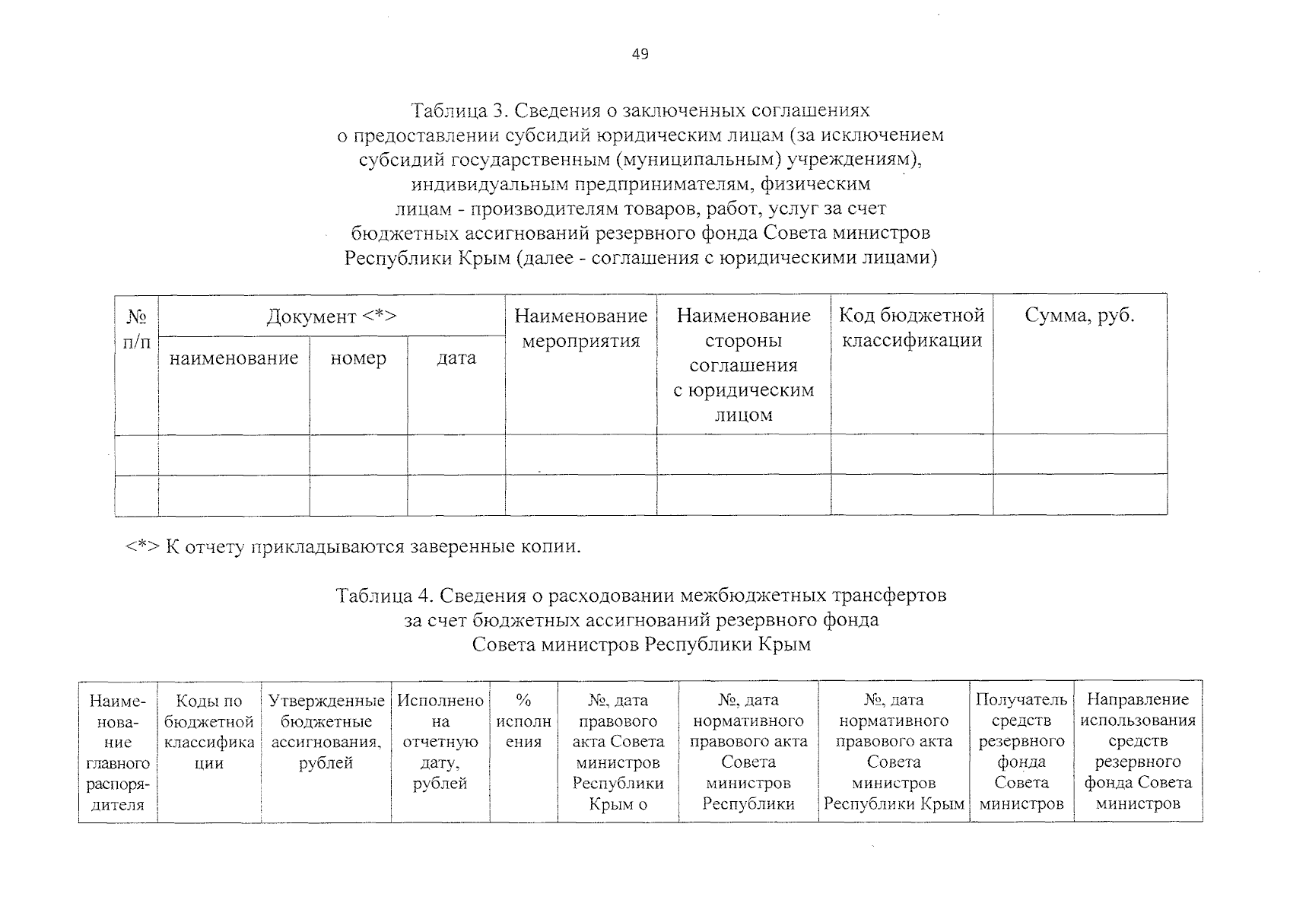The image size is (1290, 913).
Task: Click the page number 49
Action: pyautogui.click(x=640, y=54)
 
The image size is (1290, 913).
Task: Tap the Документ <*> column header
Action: pyautogui.click(x=332, y=317)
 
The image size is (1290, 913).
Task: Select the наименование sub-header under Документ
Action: pyautogui.click(x=234, y=358)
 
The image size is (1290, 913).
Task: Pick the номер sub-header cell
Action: pyautogui.click(x=358, y=358)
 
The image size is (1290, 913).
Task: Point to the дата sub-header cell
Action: pyautogui.click(x=456, y=358)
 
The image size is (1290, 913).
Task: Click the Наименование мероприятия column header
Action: pyautogui.click(x=581, y=328)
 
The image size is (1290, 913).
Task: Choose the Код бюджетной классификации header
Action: pyautogui.click(x=911, y=328)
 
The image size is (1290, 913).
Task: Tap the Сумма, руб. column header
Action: pyautogui.click(x=1079, y=316)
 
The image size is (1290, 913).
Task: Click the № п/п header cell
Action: pyautogui.click(x=137, y=329)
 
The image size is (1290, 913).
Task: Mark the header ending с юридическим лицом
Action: pyautogui.click(x=743, y=365)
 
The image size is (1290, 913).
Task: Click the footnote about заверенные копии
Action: pyautogui.click(x=353, y=546)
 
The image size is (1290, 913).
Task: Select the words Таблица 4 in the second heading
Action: pyautogui.click(x=384, y=595)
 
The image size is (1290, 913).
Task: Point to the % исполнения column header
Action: pyautogui.click(x=523, y=720)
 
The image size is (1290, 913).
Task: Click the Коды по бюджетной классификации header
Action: pyautogui.click(x=209, y=730)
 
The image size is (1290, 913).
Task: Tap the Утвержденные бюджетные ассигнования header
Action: pyautogui.click(x=326, y=730)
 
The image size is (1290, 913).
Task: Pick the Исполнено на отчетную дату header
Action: pyautogui.click(x=440, y=741)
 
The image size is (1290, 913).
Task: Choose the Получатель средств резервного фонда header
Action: pyautogui.click(x=1022, y=751)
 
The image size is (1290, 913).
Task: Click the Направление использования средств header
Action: pyautogui.click(x=1138, y=751)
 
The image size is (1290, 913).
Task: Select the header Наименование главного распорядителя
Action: pyautogui.click(x=118, y=751)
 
